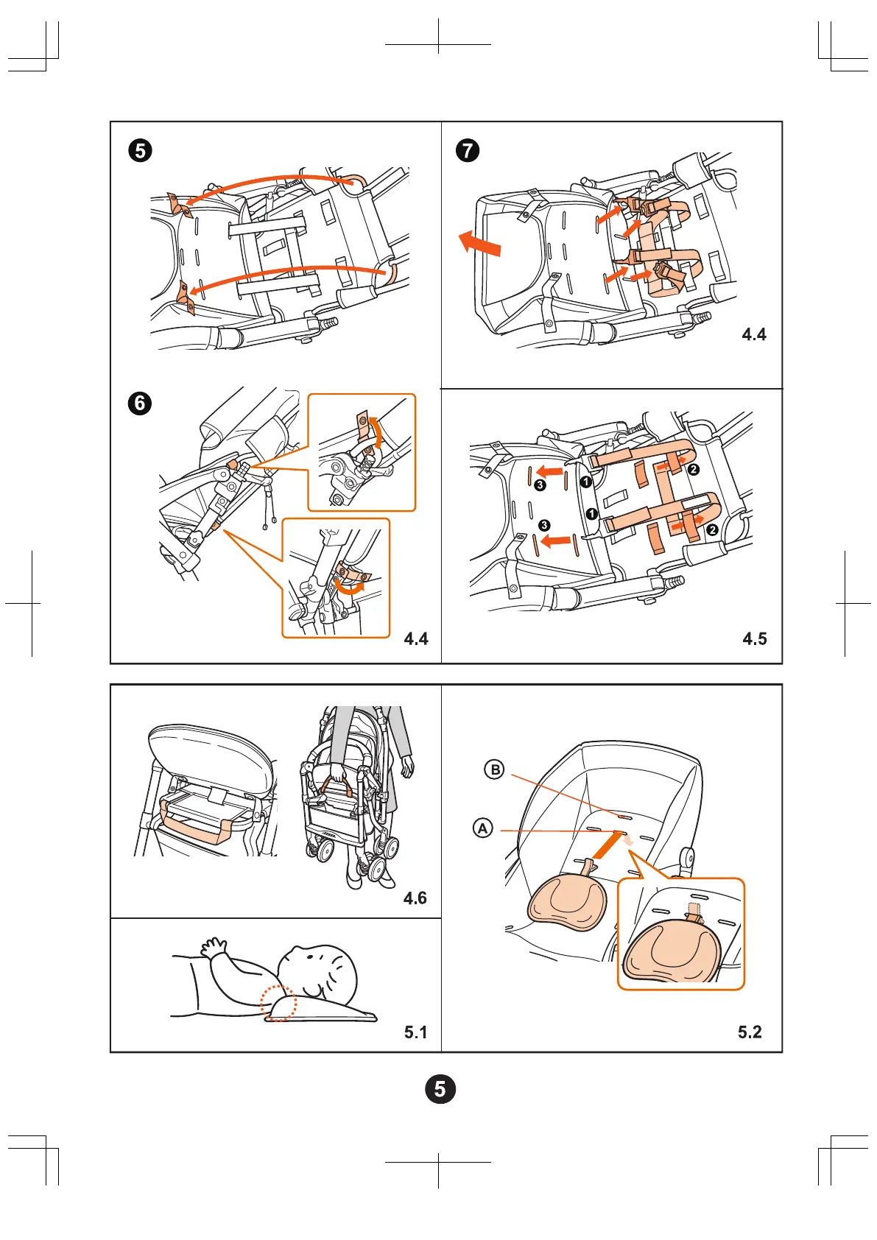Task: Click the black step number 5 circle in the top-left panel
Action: [x=140, y=151]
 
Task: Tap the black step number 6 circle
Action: [x=140, y=404]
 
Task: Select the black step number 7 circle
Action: [x=468, y=151]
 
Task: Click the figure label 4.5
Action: [x=754, y=638]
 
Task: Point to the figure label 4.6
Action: [x=415, y=898]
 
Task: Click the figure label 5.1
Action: [x=415, y=1032]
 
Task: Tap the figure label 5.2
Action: [x=750, y=1032]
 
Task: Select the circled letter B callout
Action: [x=495, y=770]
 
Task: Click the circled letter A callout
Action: [x=482, y=828]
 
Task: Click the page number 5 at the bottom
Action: [x=440, y=1089]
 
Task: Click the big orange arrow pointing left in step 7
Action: [x=479, y=243]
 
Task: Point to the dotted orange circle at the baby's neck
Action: [x=279, y=1003]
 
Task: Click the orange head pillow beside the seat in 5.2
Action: [x=567, y=901]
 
